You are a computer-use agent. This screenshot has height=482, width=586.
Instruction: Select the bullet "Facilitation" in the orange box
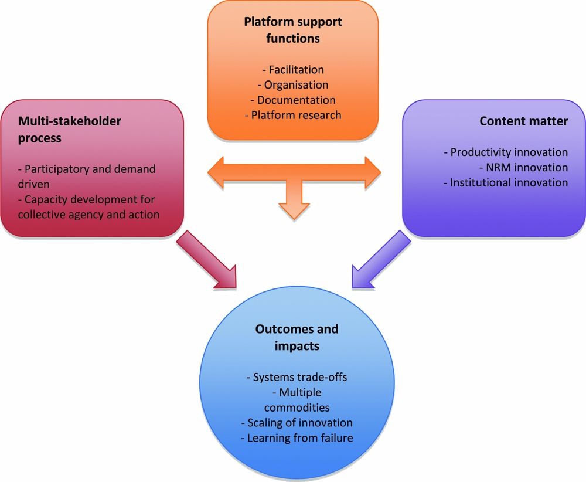point(293,70)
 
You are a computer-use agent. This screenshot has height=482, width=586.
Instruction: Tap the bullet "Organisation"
point(293,85)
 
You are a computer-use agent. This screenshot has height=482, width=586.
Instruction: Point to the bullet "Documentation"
point(293,100)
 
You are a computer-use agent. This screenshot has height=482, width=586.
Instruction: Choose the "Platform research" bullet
point(293,115)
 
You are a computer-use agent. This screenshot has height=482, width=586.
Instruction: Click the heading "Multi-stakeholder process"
point(70,129)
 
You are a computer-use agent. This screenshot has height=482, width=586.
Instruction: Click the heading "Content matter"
point(523,121)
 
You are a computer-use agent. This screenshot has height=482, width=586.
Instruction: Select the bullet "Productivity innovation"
point(506,152)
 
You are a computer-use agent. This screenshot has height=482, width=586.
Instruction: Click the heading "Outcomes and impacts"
point(297,337)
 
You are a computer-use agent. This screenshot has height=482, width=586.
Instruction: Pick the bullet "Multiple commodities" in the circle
point(297,400)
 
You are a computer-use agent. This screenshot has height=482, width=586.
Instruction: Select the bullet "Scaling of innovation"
point(297,423)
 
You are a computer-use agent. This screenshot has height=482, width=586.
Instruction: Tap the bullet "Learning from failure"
point(297,438)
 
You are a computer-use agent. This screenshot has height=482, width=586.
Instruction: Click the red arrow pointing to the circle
point(208,260)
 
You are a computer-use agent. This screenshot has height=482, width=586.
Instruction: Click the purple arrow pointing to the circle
point(381,260)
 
